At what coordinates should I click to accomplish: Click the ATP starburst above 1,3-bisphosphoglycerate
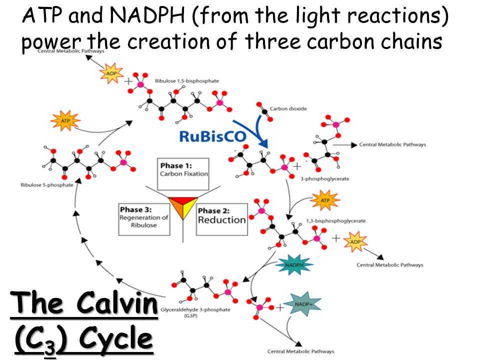[x=325, y=201]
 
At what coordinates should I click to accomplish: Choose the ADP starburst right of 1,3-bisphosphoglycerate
[x=355, y=242]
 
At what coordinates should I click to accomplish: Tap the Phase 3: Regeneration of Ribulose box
[x=144, y=218]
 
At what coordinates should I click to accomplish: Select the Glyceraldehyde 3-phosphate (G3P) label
[x=195, y=312]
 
